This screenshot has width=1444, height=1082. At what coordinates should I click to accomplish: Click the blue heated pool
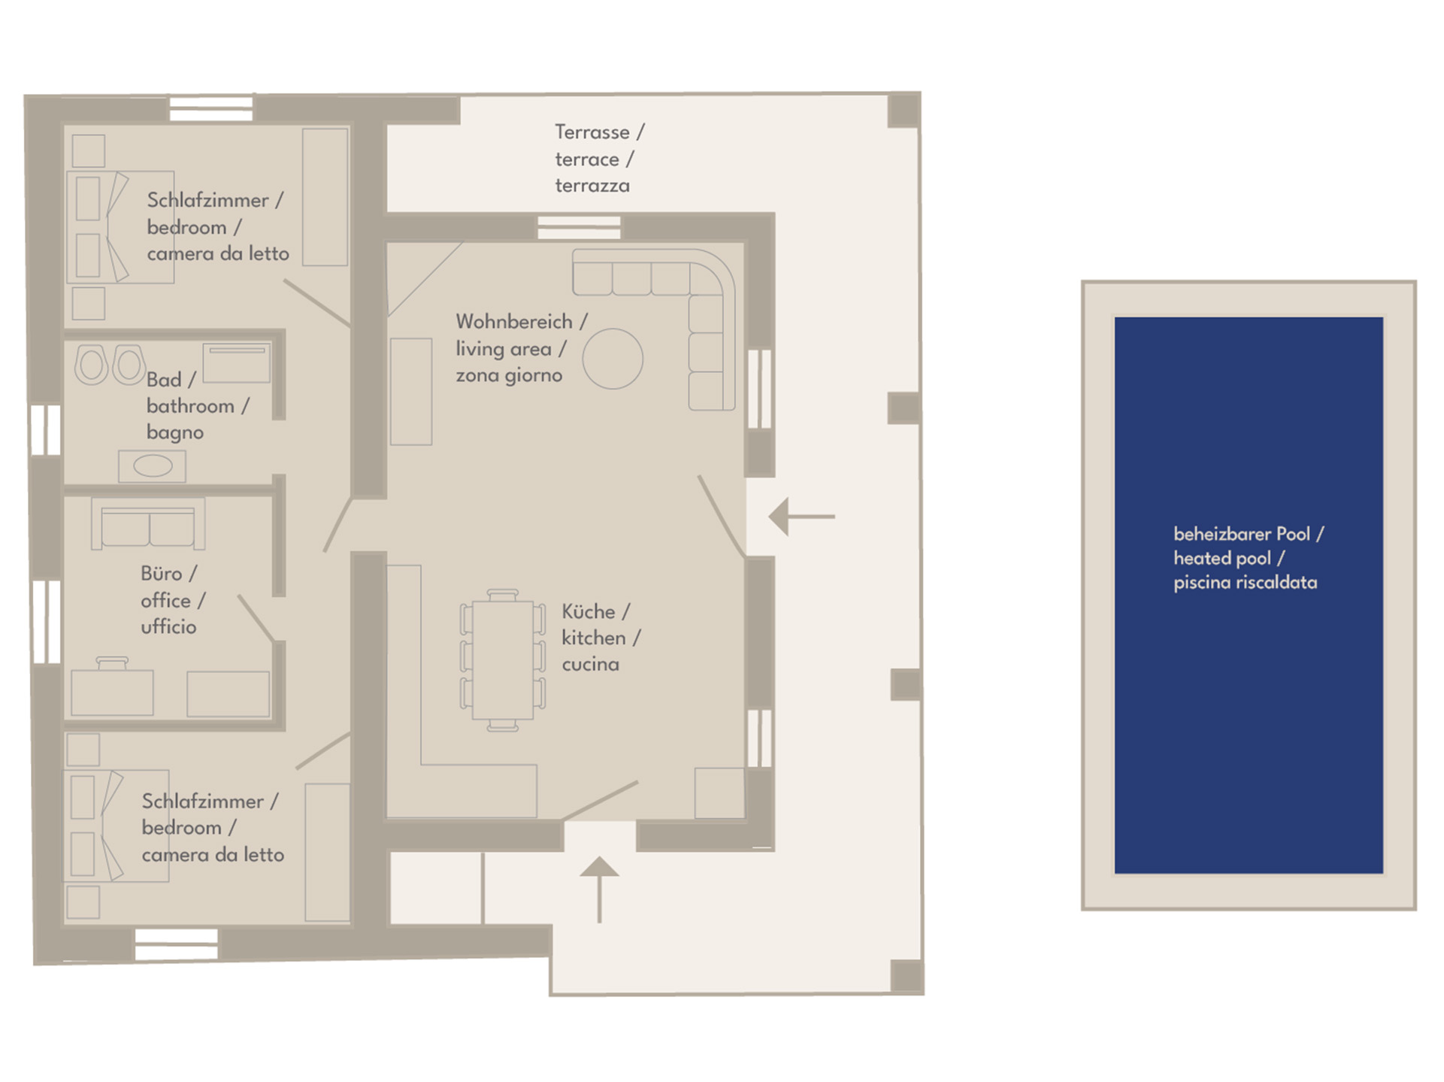pos(1249,595)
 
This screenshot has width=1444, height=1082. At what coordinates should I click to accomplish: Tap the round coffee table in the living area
pos(613,359)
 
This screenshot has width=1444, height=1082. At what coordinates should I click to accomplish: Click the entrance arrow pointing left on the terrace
pos(801,517)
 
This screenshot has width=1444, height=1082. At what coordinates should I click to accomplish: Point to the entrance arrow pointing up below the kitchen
pos(599,890)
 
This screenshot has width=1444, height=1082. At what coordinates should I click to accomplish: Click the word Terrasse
pos(592,132)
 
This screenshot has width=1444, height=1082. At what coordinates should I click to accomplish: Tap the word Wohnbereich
pos(514,322)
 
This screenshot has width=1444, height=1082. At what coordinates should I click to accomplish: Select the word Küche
pos(589,611)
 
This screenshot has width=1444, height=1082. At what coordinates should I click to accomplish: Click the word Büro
pos(162,574)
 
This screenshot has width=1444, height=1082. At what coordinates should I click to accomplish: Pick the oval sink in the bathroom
pos(153,466)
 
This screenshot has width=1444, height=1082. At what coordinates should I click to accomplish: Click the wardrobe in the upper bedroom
pos(325,197)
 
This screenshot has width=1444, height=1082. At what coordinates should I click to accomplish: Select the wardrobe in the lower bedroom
pos(327,853)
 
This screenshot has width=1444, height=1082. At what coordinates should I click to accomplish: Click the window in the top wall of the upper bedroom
pos(211,109)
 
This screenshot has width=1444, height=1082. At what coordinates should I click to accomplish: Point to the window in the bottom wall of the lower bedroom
pos(176,944)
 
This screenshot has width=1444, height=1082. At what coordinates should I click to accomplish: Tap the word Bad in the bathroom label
pos(164,380)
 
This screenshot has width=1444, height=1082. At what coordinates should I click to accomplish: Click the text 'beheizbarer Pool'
pos(1242,535)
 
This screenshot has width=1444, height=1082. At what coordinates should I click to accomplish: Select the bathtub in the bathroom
pos(236,365)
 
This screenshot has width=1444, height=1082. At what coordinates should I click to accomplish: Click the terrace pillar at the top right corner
pos(904,110)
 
